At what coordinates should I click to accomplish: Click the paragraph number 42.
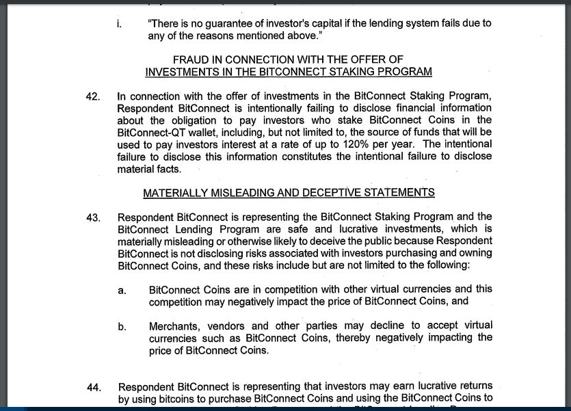click(x=93, y=96)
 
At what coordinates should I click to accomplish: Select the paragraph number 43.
click(x=93, y=217)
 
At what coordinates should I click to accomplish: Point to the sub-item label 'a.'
click(x=121, y=290)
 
